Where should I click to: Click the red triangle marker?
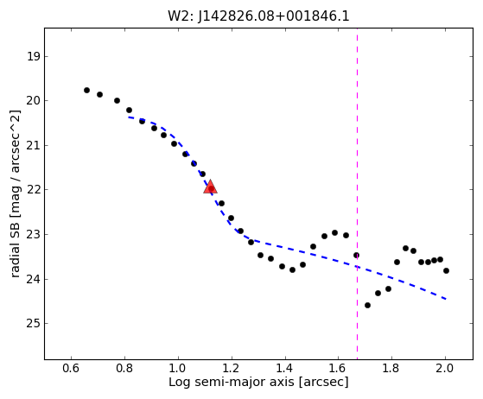tap(210, 187)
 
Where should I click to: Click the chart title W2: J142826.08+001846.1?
tap(258, 16)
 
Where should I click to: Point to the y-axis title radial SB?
tap(16, 194)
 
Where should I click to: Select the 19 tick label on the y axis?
tap(34, 57)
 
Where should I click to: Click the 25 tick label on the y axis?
tap(34, 324)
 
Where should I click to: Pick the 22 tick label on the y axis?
tap(34, 190)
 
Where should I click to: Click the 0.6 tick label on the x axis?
tap(71, 368)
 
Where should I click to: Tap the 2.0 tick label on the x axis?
tap(445, 368)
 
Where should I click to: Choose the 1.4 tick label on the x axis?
tap(285, 368)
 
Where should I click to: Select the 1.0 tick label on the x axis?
tap(178, 368)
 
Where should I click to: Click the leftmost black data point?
tap(87, 90)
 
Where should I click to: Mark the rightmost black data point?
tap(446, 271)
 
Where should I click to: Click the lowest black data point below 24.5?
tap(367, 306)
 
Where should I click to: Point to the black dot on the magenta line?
tap(356, 256)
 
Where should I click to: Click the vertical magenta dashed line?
tap(358, 193)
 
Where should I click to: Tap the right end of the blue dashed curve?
tap(447, 299)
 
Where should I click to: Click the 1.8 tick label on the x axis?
tap(391, 368)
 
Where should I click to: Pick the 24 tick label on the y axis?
tap(34, 280)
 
